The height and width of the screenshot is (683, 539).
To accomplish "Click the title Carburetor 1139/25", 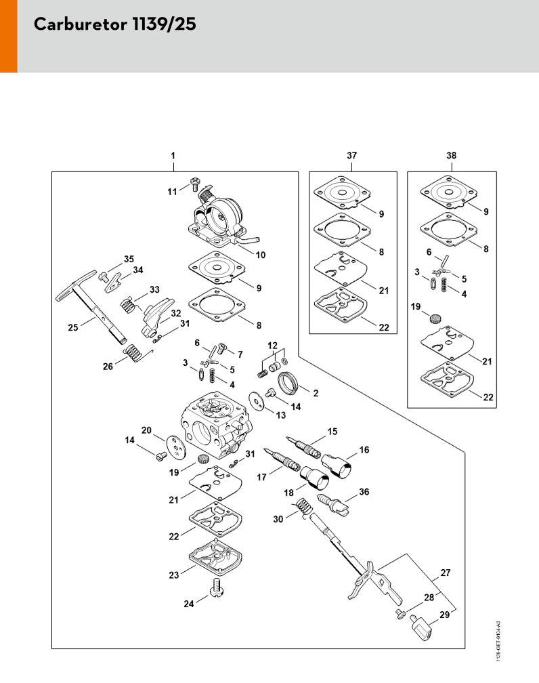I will click(114, 25).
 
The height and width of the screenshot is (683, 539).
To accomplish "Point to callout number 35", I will click(129, 259).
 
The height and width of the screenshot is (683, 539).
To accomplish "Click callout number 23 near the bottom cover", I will click(174, 575).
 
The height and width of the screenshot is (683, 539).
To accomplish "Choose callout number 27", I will click(445, 573).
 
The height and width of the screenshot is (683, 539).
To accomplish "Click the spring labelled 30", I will click(305, 509).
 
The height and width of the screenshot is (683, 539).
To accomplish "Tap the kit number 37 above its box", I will click(351, 155).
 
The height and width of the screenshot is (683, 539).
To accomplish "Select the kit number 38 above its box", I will click(452, 155).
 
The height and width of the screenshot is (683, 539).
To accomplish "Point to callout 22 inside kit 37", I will click(384, 327).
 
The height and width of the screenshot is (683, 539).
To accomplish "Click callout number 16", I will click(364, 449).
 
